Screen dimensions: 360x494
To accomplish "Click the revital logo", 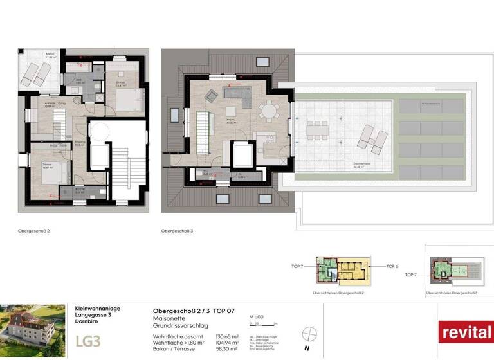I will [x=465, y=332].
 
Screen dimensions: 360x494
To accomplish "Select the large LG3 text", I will [x=87, y=340].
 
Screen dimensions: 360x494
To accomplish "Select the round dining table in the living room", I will [x=268, y=111].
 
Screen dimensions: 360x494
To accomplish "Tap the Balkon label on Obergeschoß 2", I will [x=50, y=55].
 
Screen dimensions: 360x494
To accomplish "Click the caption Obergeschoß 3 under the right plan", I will [x=175, y=230].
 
